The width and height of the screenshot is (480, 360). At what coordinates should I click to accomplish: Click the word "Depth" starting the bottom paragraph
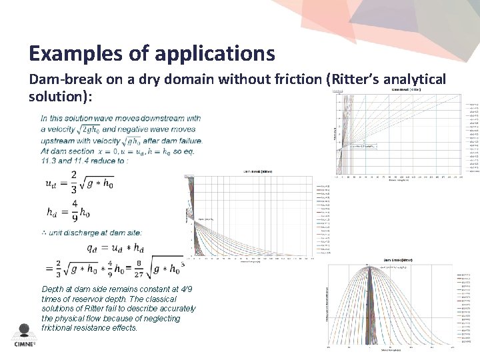click(53, 289)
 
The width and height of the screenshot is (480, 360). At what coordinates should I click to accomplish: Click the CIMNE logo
click(25, 336)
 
